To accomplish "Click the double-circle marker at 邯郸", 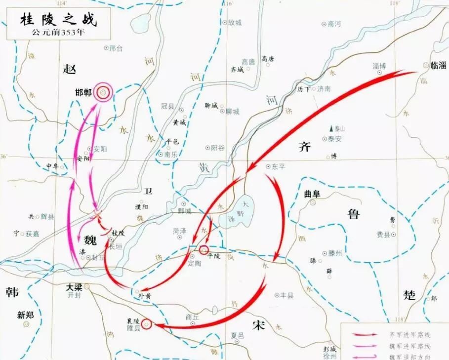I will (x=103, y=92).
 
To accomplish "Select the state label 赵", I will (x=70, y=69).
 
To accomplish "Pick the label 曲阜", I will (x=312, y=194).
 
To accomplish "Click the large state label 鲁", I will (x=354, y=214).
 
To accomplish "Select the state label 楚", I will (x=409, y=295).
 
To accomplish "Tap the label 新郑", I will (x=26, y=314).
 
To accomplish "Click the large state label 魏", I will (x=90, y=240).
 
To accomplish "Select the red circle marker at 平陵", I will (x=203, y=251).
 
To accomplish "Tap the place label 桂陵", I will (x=119, y=232).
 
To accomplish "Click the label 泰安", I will (x=335, y=139).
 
